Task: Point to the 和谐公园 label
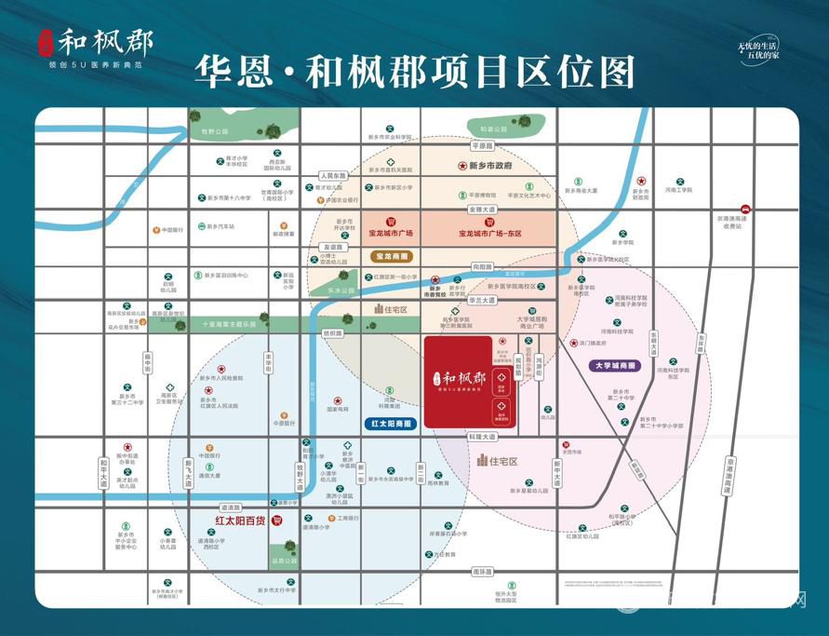click(x=494, y=129)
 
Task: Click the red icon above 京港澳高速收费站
click(x=745, y=210)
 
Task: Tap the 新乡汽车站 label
click(x=221, y=226)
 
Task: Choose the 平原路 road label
click(x=481, y=146)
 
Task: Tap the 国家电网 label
click(x=337, y=409)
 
